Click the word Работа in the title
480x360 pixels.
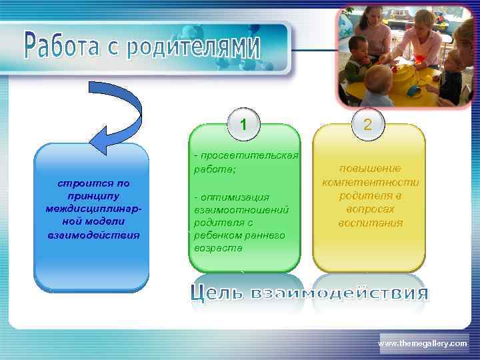(x=63, y=44)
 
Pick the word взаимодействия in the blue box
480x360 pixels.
(x=93, y=235)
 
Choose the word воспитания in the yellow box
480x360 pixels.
(x=370, y=223)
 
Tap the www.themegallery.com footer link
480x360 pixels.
(x=423, y=343)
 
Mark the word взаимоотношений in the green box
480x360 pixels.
(x=241, y=209)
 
